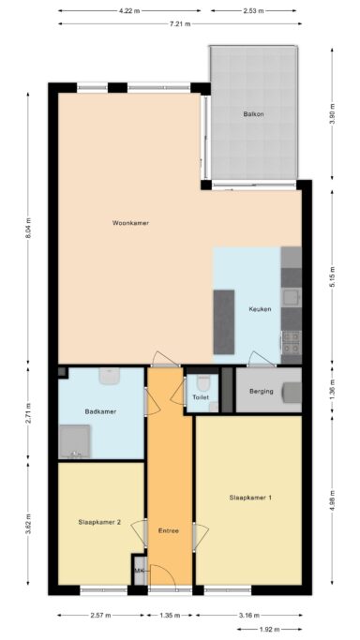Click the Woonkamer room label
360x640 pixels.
pos(130,223)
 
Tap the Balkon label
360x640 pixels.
pos(253,114)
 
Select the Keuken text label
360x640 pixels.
pos(260,309)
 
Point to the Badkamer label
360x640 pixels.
pos(100,411)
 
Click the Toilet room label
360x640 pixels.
pos(201,396)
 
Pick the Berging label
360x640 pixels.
pos(262,391)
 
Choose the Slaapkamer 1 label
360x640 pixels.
pos(250,498)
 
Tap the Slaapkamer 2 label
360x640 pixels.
pos(99,522)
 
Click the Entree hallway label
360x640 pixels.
pos(169,531)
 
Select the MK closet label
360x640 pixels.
pos(140,571)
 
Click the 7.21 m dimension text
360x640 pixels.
pos(180,23)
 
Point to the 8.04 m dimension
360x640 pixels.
pos(28,229)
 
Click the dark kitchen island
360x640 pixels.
pos(224,322)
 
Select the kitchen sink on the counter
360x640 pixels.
pos(292,297)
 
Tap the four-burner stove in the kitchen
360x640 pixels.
pos(292,343)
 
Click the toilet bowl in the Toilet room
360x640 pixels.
pos(202,382)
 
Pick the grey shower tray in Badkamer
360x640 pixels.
pos(75,441)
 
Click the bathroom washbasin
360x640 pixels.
pos(110,376)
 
